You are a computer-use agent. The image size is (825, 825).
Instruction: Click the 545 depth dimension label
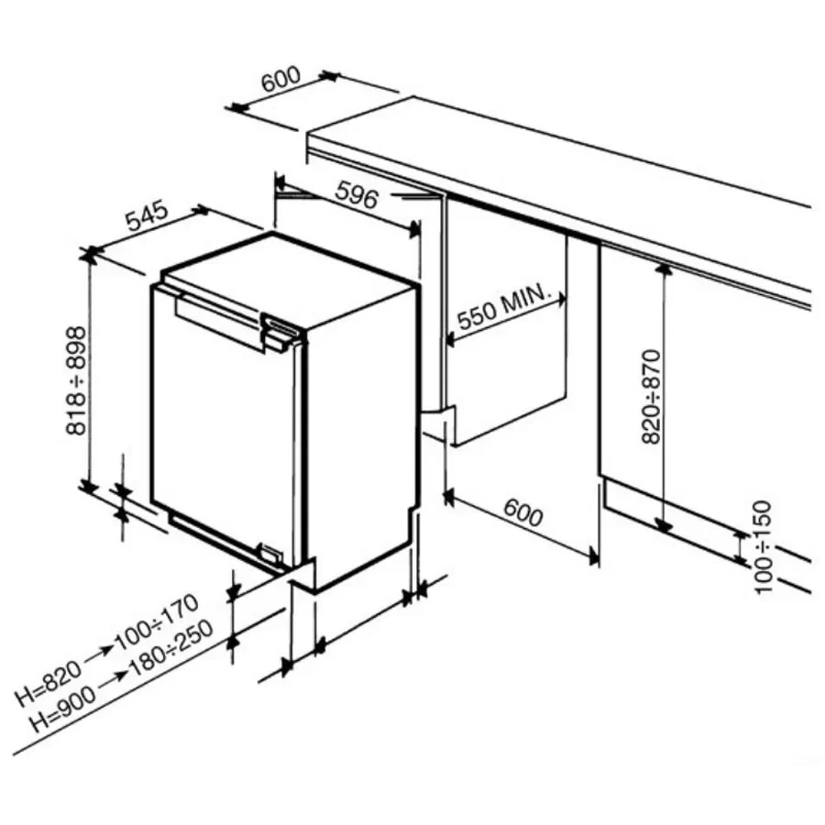148,215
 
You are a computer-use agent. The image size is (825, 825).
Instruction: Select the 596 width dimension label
357,194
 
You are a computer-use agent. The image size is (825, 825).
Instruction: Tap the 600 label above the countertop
281,79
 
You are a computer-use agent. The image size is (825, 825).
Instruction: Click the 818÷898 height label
76,380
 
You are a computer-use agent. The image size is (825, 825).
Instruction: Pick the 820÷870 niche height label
652,397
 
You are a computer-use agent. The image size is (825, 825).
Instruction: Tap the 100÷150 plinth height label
764,547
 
